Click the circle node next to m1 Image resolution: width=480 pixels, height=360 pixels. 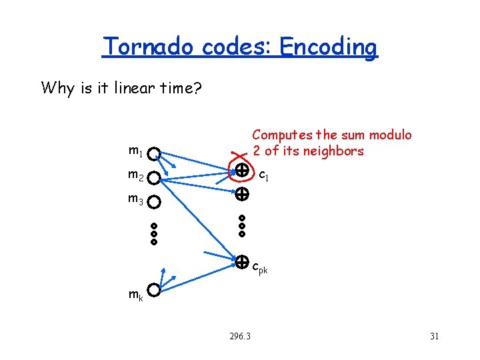point(154,155)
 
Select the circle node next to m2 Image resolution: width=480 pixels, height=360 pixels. point(154,178)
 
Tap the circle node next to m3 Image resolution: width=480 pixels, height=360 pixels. point(154,201)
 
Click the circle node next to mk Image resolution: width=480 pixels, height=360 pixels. point(154,291)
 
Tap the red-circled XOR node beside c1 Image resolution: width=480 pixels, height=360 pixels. point(241,171)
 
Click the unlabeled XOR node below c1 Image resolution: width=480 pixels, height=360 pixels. point(241,195)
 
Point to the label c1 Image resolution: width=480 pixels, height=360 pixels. point(263,176)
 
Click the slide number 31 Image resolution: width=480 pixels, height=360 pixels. point(434,336)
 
